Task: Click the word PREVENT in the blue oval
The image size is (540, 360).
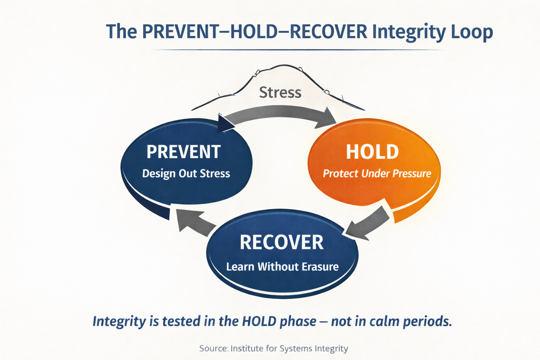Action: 183,152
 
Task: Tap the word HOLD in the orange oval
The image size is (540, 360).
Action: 372,152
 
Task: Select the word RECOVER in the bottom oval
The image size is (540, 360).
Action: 282,243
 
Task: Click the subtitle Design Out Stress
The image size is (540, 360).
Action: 186,173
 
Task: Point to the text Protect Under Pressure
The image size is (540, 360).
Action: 377,173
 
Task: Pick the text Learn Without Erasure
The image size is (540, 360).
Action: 282,266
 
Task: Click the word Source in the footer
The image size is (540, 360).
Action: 214,348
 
